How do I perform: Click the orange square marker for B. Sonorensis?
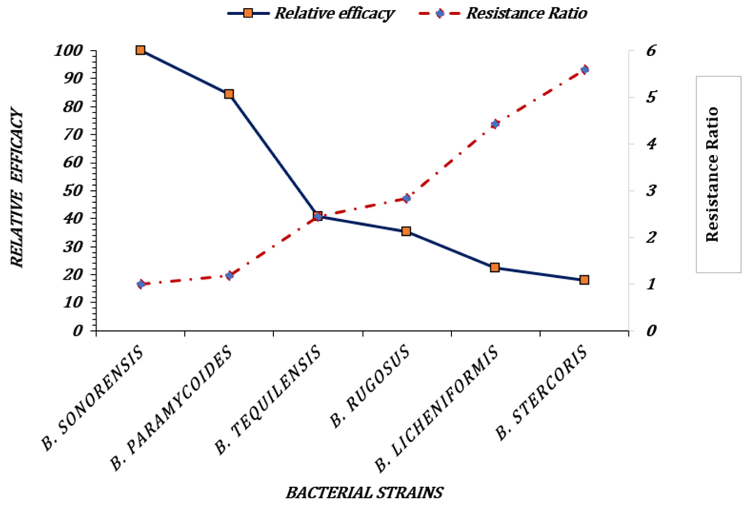140,50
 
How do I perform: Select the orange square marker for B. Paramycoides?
229,94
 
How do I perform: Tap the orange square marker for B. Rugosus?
406,231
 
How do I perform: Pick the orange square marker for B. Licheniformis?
495,268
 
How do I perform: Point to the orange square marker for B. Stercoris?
584,280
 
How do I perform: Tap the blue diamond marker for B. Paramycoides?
229,276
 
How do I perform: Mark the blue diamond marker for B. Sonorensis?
141,284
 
